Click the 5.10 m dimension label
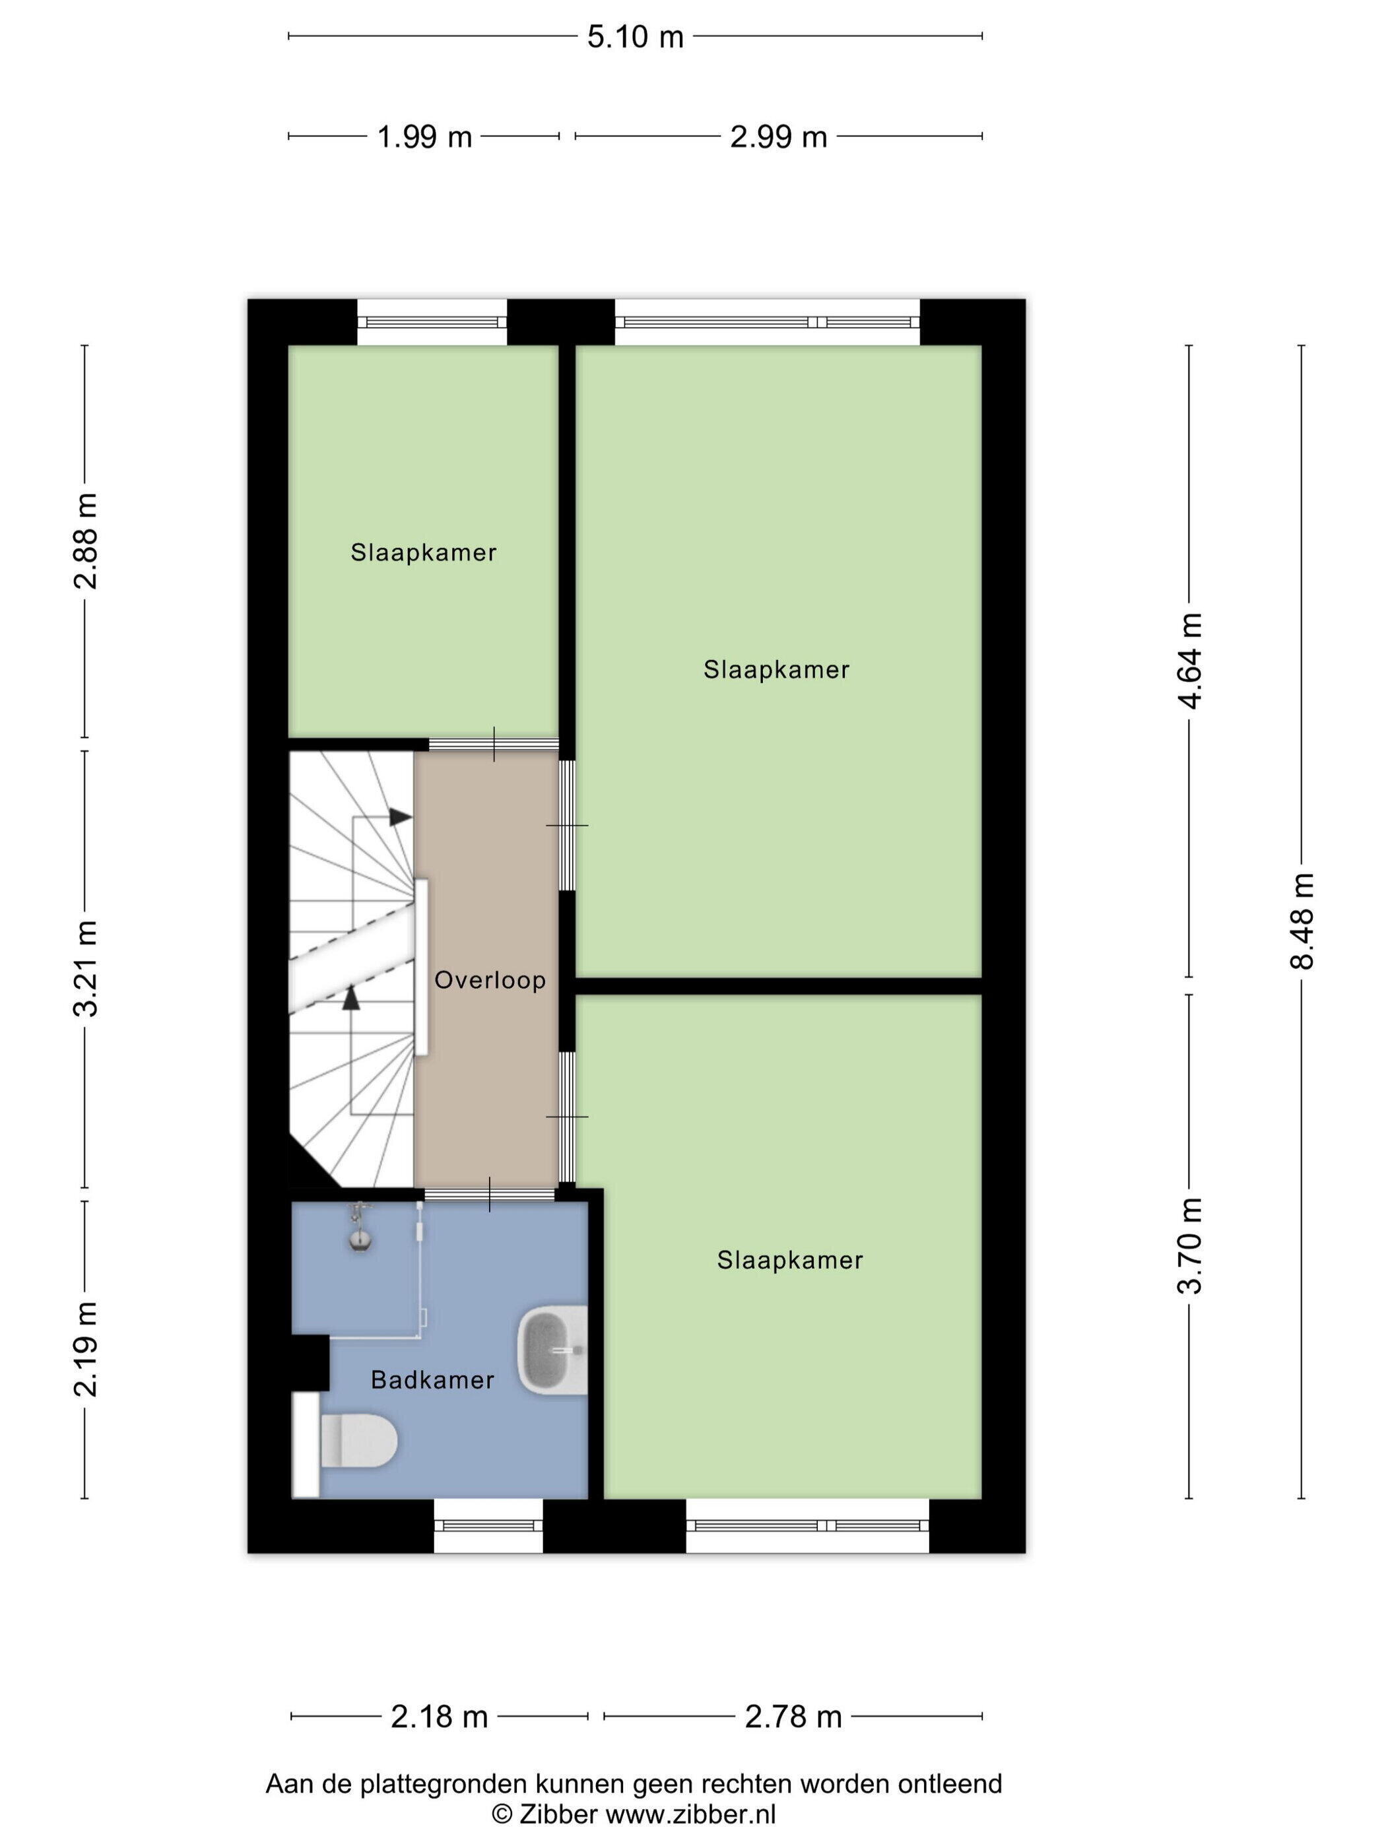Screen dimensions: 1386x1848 click(635, 37)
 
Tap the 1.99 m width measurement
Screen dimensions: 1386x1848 click(424, 136)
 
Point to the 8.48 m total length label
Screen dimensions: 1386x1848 click(1302, 921)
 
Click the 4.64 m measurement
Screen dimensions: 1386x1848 click(1190, 660)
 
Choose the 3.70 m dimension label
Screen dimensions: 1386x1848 click(1190, 1245)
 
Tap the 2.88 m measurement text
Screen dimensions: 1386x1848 click(85, 541)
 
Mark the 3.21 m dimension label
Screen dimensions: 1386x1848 click(85, 968)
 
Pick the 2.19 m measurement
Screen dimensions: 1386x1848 click(85, 1348)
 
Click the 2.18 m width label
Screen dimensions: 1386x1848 click(440, 1717)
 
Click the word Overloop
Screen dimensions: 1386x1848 click(490, 980)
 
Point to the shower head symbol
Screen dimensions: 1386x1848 click(359, 1228)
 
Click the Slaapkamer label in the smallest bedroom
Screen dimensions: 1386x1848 click(424, 552)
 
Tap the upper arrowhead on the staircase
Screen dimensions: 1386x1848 click(401, 817)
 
